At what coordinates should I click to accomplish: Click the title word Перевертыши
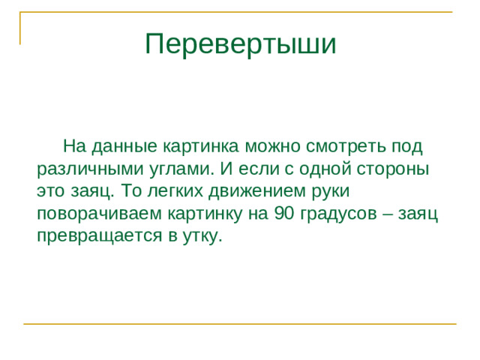(x=240, y=44)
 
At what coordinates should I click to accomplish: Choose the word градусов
(x=340, y=214)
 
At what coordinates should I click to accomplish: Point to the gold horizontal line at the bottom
(x=240, y=324)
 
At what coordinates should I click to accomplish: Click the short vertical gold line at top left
(x=20, y=28)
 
